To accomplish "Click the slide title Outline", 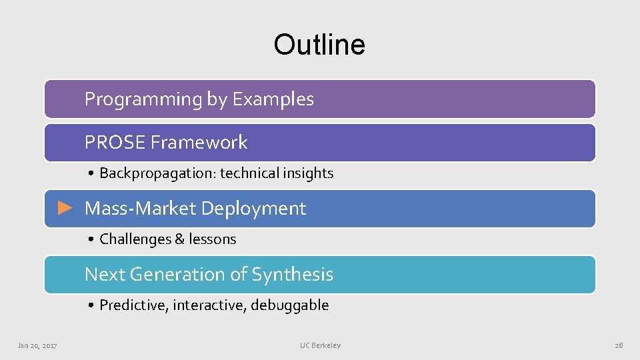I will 319,45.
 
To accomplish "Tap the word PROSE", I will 115,142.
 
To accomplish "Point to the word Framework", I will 199,142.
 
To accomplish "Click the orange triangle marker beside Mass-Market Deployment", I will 65,208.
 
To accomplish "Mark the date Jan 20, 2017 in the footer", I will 37,345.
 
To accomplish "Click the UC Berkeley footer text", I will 320,345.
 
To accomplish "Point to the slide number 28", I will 618,345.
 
